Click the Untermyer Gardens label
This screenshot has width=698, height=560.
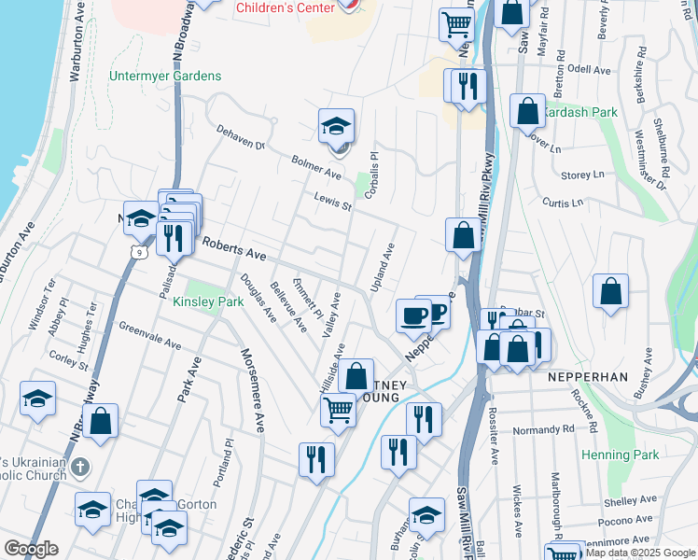pyautogui.click(x=165, y=76)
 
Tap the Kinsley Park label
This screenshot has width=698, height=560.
pyautogui.click(x=208, y=301)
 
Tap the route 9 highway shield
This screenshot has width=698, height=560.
pyautogui.click(x=139, y=251)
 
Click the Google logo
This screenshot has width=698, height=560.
pyautogui.click(x=32, y=549)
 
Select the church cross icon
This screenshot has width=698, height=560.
pyautogui.click(x=80, y=466)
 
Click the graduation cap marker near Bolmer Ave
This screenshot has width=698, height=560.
pyautogui.click(x=336, y=127)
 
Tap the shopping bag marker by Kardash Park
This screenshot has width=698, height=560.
pyautogui.click(x=527, y=111)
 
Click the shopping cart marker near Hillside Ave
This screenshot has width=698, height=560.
pyautogui.click(x=338, y=410)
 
